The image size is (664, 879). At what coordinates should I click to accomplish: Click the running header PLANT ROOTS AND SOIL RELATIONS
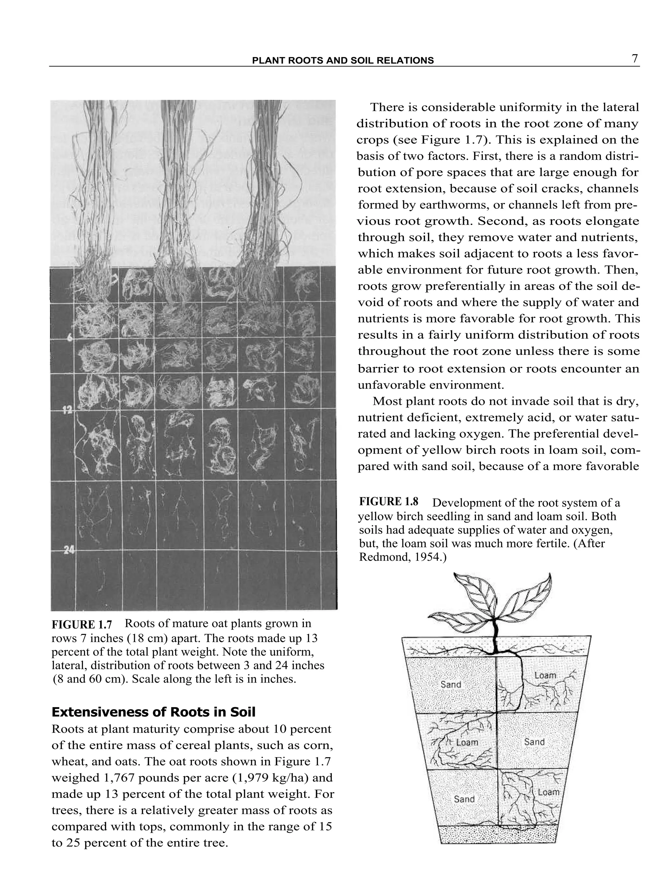pos(343,60)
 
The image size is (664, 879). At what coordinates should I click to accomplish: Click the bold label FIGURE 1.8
pos(388,501)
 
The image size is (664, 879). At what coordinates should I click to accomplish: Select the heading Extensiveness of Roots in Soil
pos(153,712)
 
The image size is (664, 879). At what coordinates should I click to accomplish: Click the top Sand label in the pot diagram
pos(451,684)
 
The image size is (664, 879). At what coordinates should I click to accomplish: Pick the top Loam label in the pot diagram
pos(545,675)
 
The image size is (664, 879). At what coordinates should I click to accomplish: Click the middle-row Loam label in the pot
pos(467,742)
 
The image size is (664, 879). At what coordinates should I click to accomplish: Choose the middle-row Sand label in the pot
pos(534,742)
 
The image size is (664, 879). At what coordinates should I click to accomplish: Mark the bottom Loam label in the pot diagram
pos(548,792)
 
